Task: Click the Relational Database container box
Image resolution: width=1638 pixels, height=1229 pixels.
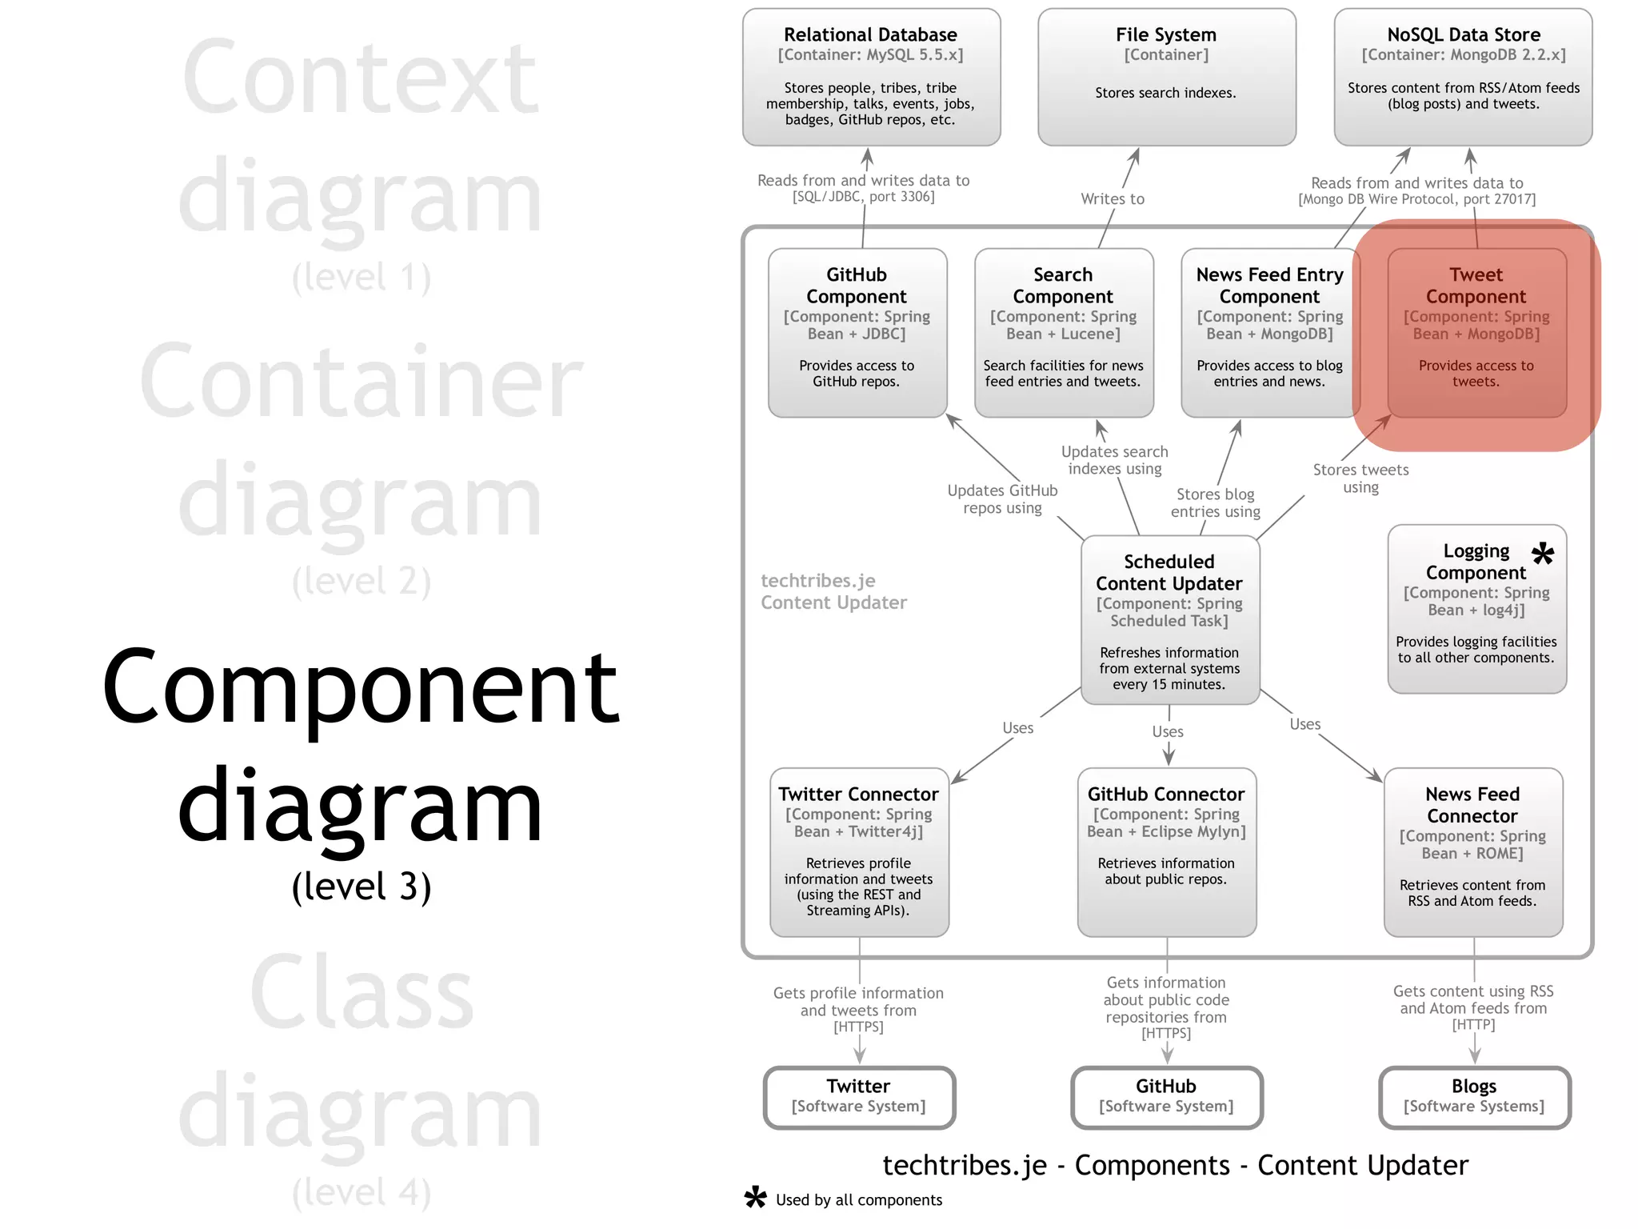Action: (871, 77)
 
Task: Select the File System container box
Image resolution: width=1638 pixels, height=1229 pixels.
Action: (1166, 77)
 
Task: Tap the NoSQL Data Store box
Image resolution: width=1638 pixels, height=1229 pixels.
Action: (1463, 77)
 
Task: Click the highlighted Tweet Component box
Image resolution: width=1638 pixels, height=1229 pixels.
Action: (1476, 332)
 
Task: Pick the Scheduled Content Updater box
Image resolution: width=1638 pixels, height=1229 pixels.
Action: (1169, 620)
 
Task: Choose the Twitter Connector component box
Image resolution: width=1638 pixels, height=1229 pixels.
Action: (859, 852)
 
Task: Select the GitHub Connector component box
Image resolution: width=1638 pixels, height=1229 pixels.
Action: (1166, 852)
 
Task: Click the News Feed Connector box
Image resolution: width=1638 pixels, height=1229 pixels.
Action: (1472, 852)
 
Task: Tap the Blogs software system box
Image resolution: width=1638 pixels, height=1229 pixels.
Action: (1474, 1097)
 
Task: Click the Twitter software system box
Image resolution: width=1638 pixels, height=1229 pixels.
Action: (859, 1097)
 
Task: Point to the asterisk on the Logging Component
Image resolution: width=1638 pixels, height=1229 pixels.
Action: (1543, 553)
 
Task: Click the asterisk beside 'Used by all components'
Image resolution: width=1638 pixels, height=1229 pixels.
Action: (755, 1198)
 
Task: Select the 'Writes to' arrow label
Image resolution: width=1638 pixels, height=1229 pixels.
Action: (1113, 199)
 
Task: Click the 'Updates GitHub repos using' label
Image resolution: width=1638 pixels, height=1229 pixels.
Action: (1002, 499)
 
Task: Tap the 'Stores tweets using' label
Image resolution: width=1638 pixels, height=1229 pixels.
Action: (1360, 478)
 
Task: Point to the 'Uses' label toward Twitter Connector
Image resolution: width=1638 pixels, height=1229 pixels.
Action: (1017, 728)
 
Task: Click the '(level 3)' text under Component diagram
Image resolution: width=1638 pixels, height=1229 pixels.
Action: (362, 887)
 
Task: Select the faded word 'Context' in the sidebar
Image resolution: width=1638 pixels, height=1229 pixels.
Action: (360, 78)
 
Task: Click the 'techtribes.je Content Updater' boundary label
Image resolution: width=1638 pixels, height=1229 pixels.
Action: (833, 591)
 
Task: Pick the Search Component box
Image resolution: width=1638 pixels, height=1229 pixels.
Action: (1063, 332)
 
